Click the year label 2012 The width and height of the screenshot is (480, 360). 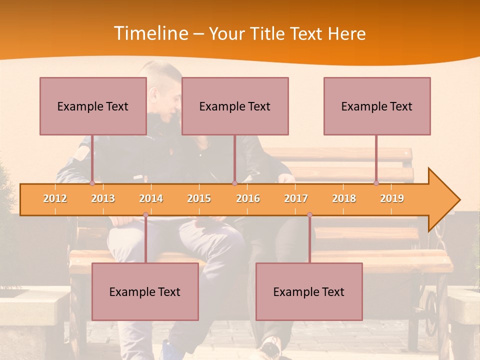(55, 198)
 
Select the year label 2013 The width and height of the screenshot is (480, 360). (103, 198)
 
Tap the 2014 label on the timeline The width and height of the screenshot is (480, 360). (151, 198)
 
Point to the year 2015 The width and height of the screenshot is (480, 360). (199, 198)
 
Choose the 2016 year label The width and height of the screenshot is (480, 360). (248, 198)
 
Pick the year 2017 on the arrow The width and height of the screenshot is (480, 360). (296, 198)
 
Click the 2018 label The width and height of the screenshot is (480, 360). (344, 198)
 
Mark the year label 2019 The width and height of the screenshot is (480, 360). (392, 198)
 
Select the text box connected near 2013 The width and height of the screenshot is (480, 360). (93, 106)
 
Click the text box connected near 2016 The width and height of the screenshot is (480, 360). (235, 106)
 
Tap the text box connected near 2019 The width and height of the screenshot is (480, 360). (377, 106)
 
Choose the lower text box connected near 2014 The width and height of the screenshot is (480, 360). (145, 291)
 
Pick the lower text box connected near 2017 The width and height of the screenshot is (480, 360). (309, 291)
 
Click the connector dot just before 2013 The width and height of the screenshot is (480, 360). (92, 183)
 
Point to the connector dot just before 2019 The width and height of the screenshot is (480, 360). (376, 183)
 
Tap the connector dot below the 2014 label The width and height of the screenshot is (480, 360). (145, 215)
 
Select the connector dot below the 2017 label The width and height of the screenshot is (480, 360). (309, 215)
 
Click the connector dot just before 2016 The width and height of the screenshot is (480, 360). (234, 183)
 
